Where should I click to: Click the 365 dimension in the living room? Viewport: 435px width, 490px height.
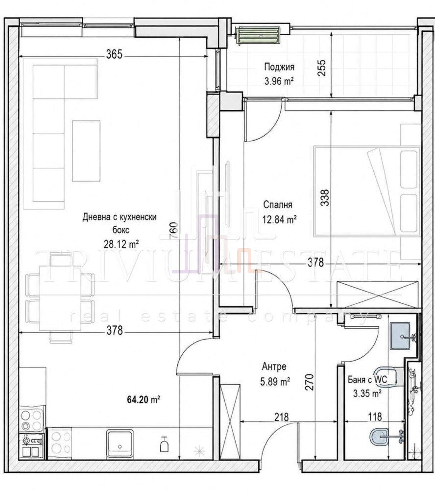pyautogui.click(x=114, y=54)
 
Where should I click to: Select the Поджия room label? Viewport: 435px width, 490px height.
pyautogui.click(x=279, y=67)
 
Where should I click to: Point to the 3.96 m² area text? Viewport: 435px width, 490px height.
pyautogui.click(x=279, y=81)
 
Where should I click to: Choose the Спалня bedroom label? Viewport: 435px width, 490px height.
pyautogui.click(x=278, y=205)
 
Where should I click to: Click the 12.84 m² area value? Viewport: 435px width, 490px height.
pyautogui.click(x=279, y=219)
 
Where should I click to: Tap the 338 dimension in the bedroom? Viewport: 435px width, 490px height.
pyautogui.click(x=325, y=198)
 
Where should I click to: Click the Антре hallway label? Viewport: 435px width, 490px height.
pyautogui.click(x=274, y=367)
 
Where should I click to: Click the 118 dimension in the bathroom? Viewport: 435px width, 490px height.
pyautogui.click(x=375, y=417)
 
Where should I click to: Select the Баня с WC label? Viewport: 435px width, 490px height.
pyautogui.click(x=367, y=379)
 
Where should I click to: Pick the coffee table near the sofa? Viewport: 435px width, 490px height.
pyautogui.click(x=86, y=151)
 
